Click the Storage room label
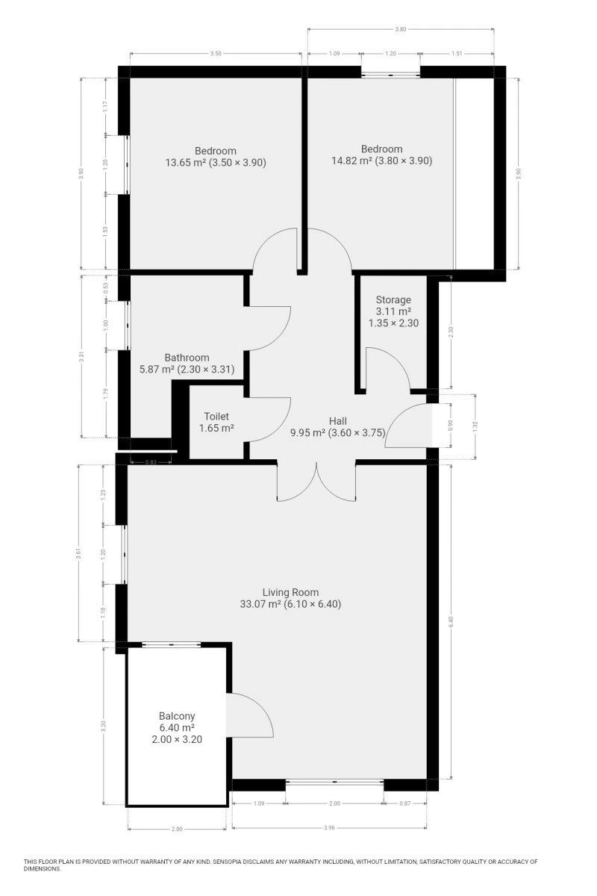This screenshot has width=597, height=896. (x=393, y=299)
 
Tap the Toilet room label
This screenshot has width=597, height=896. (x=216, y=417)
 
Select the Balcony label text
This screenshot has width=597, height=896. (x=177, y=716)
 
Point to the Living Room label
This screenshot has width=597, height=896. (x=290, y=592)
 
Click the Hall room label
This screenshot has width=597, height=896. (x=337, y=421)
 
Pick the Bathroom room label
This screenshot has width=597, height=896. (x=187, y=358)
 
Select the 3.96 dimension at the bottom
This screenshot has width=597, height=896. (x=328, y=828)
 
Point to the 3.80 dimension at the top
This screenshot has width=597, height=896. (x=400, y=29)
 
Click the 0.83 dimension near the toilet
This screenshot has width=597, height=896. (x=151, y=462)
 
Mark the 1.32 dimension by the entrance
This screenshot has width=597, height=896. (x=475, y=426)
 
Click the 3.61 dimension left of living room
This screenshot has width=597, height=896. (x=79, y=553)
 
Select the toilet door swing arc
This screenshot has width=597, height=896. (x=267, y=420)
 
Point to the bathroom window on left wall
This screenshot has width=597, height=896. (x=128, y=326)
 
